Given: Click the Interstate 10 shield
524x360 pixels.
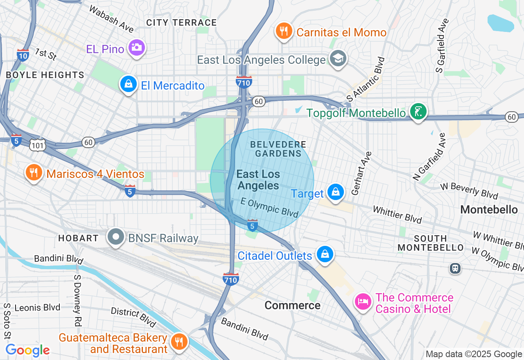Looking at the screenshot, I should click(x=23, y=55).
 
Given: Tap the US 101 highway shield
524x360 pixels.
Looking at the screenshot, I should click(x=37, y=144).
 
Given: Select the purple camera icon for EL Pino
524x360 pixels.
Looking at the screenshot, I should click(x=136, y=47).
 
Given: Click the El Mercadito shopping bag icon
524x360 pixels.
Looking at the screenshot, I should click(x=129, y=84).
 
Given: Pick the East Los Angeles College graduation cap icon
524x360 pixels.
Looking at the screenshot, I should click(x=338, y=59).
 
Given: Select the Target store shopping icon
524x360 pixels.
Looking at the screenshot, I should click(x=336, y=192).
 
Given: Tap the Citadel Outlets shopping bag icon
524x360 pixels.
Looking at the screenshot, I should click(x=325, y=254).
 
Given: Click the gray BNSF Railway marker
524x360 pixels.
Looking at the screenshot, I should click(x=116, y=237).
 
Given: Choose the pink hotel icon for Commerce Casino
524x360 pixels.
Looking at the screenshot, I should click(x=363, y=301).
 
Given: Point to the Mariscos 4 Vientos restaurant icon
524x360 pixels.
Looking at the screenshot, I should click(x=34, y=173).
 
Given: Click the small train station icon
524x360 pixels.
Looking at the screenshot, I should click(x=455, y=268).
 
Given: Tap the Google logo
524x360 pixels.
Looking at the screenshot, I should click(x=27, y=350).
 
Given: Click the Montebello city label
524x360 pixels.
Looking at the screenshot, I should click(x=489, y=209).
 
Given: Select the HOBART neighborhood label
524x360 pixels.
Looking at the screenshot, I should click(x=78, y=238).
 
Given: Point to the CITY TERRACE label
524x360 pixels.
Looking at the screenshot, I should click(x=181, y=22).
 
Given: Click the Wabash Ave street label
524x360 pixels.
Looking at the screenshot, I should click(x=111, y=19).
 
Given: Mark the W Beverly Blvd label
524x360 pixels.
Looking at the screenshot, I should click(x=469, y=190).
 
